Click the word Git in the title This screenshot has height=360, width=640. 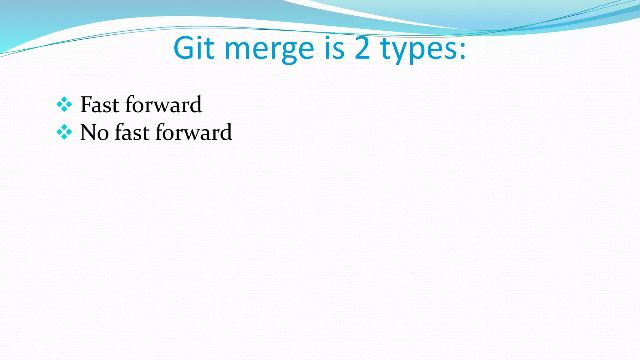(194, 48)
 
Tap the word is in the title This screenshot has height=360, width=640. (334, 48)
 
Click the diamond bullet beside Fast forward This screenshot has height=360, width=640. (64, 104)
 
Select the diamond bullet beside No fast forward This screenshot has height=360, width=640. (64, 132)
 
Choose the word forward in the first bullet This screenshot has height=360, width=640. (163, 105)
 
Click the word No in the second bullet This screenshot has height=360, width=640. (94, 132)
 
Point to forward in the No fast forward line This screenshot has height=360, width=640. (194, 132)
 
